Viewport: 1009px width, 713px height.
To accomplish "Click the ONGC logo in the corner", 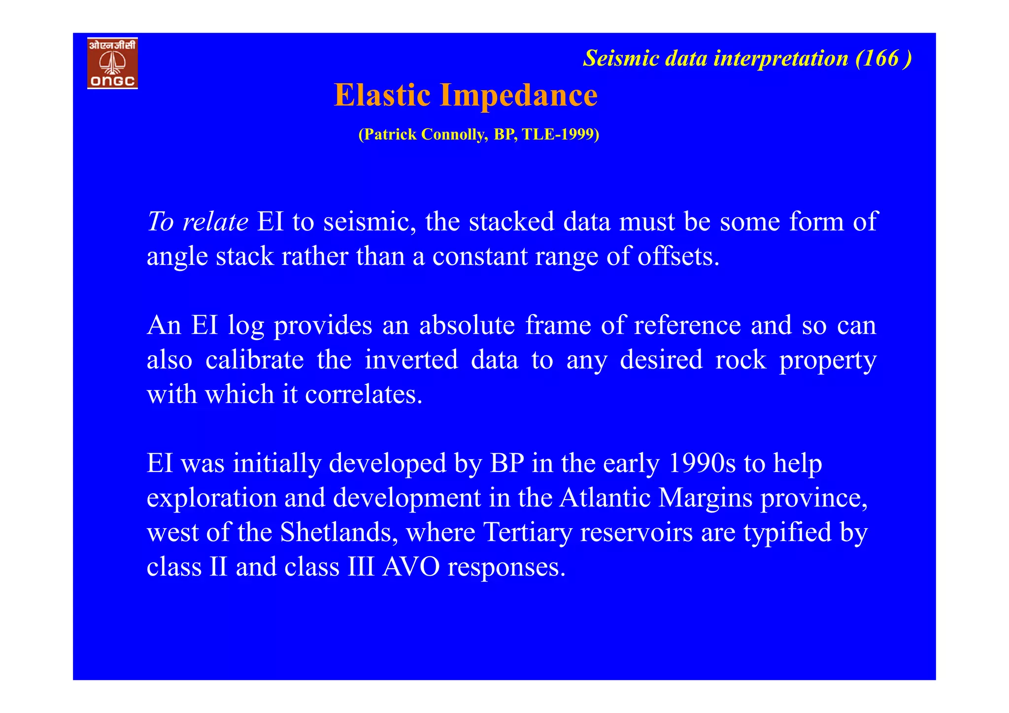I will click(112, 63).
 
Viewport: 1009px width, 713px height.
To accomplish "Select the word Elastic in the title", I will click(382, 95).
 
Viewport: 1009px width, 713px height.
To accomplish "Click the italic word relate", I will click(215, 222).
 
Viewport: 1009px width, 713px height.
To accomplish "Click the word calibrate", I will click(254, 360).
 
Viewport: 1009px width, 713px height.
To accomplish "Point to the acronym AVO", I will click(411, 567).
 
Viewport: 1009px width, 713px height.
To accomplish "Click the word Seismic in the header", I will click(621, 59).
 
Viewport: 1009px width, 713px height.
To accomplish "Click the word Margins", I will click(706, 498).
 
